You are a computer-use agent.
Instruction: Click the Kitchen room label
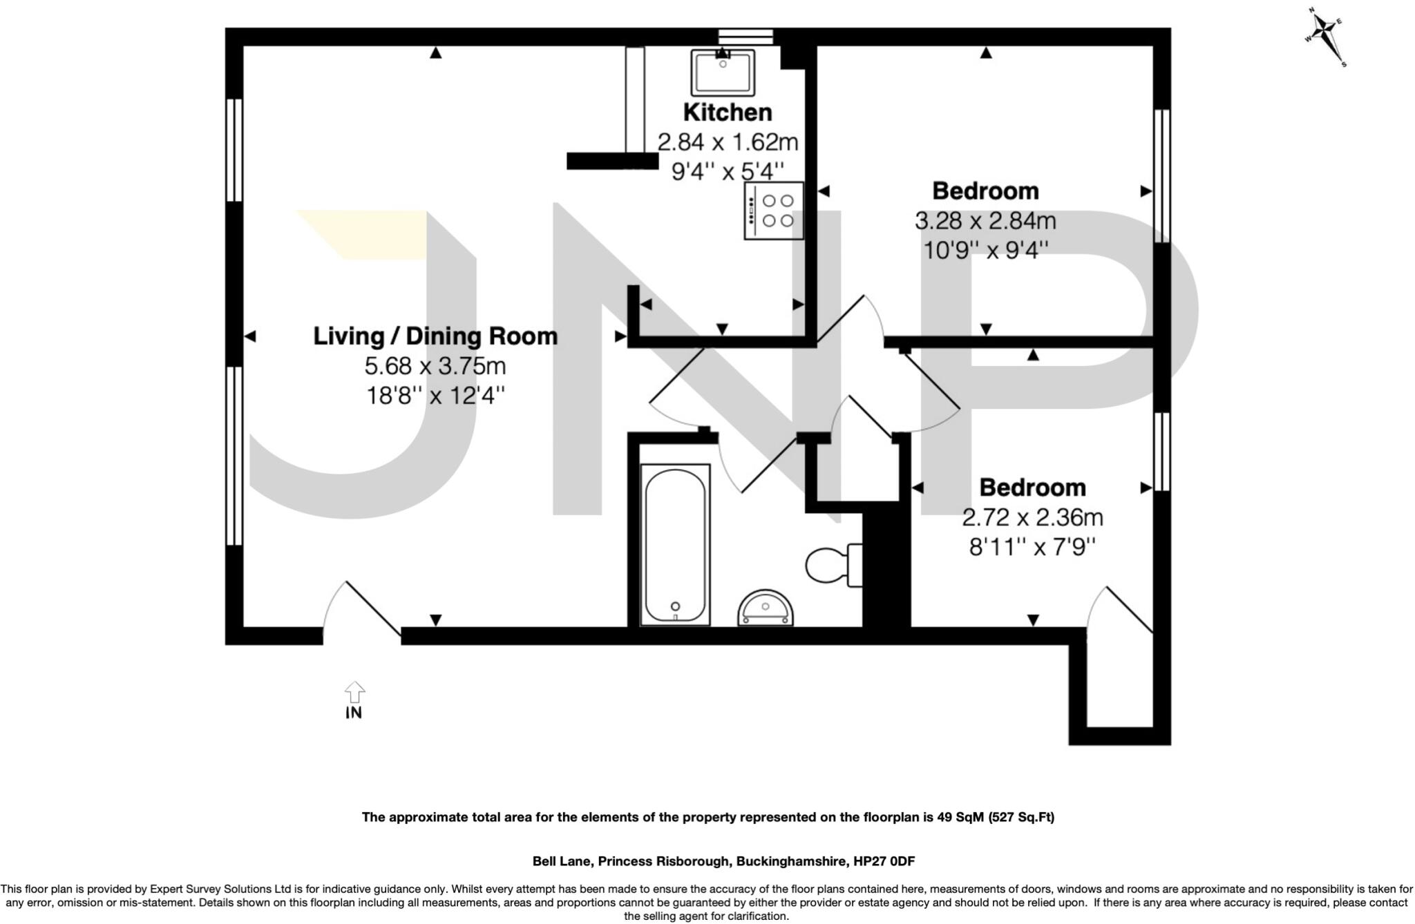point(728,112)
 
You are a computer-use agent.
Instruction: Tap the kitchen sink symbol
point(723,73)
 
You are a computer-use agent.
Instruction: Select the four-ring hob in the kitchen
point(774,211)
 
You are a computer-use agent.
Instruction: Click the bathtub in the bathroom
point(675,545)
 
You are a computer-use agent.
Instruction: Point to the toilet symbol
point(833,565)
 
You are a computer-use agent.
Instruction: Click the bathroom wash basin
point(765,609)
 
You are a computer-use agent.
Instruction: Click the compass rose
point(1325,39)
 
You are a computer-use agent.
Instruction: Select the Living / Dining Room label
point(435,336)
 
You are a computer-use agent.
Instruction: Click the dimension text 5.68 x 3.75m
point(435,366)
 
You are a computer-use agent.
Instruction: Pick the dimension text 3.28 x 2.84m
point(985,221)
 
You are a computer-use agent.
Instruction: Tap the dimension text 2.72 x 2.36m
point(1032,517)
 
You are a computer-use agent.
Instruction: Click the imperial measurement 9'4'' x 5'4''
point(728,170)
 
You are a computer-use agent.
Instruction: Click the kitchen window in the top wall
point(745,37)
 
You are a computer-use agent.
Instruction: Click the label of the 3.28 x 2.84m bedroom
point(985,191)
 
